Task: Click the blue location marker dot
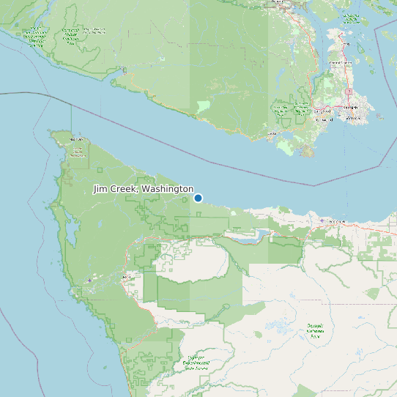tap(198, 198)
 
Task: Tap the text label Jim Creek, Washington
tap(144, 189)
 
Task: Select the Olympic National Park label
tap(315, 330)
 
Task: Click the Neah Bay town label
tap(76, 138)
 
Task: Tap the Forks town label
tap(126, 277)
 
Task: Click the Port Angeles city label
tap(337, 220)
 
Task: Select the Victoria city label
tap(352, 118)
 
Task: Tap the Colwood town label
tap(324, 119)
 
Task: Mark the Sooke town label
tap(273, 133)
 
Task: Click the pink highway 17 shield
tap(349, 92)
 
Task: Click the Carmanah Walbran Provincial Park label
tap(70, 35)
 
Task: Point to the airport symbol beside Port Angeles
tap(322, 220)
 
